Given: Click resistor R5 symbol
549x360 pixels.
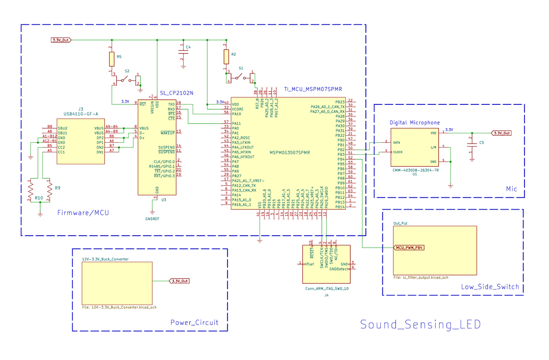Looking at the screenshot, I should (112, 59).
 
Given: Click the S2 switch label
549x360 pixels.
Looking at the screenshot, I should (127, 71).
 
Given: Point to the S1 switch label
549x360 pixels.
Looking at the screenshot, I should (241, 68).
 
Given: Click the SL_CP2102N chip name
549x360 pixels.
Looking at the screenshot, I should (177, 93).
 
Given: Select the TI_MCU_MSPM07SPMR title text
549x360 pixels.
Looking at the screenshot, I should (313, 89).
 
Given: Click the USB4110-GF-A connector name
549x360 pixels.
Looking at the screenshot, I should (81, 114).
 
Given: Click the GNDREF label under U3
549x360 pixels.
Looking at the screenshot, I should (152, 219).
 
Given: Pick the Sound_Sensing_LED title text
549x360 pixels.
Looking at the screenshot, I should (420, 325).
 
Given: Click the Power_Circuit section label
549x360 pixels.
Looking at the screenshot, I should (194, 323).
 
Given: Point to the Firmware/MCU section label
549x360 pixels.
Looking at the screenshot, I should (83, 213).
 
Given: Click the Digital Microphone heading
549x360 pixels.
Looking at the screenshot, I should (415, 123).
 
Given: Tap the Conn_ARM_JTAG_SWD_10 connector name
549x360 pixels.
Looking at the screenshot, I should (326, 289).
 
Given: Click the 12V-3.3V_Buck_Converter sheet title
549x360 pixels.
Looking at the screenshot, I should (105, 259).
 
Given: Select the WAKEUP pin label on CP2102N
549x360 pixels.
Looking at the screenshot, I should (167, 133).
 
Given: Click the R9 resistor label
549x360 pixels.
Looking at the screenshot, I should (57, 188).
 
